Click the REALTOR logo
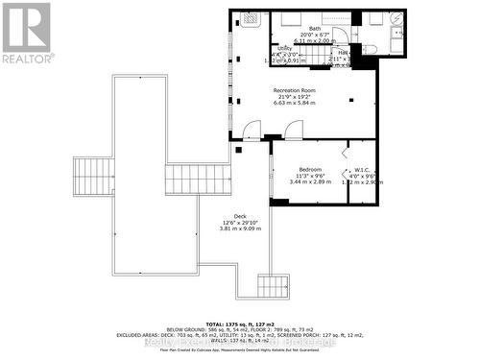[26, 34]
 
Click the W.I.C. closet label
[362, 170]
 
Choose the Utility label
[285, 47]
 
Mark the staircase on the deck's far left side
[94, 177]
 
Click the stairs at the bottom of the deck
[272, 285]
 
